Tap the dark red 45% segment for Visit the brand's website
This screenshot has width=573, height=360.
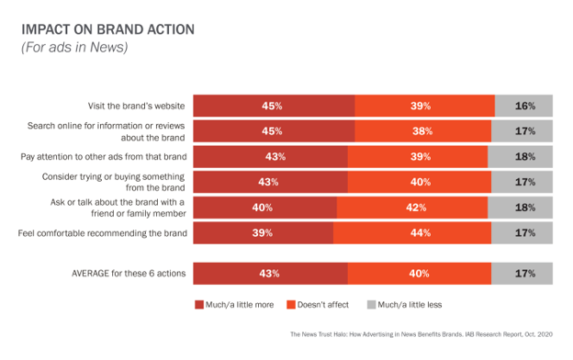273,107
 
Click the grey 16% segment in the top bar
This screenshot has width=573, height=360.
524,107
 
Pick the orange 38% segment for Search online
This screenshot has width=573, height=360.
421,131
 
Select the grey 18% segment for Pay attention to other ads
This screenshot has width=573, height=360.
521,157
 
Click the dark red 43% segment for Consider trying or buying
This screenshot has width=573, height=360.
270,182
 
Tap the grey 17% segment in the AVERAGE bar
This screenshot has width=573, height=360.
522,273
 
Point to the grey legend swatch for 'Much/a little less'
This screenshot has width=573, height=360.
371,304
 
